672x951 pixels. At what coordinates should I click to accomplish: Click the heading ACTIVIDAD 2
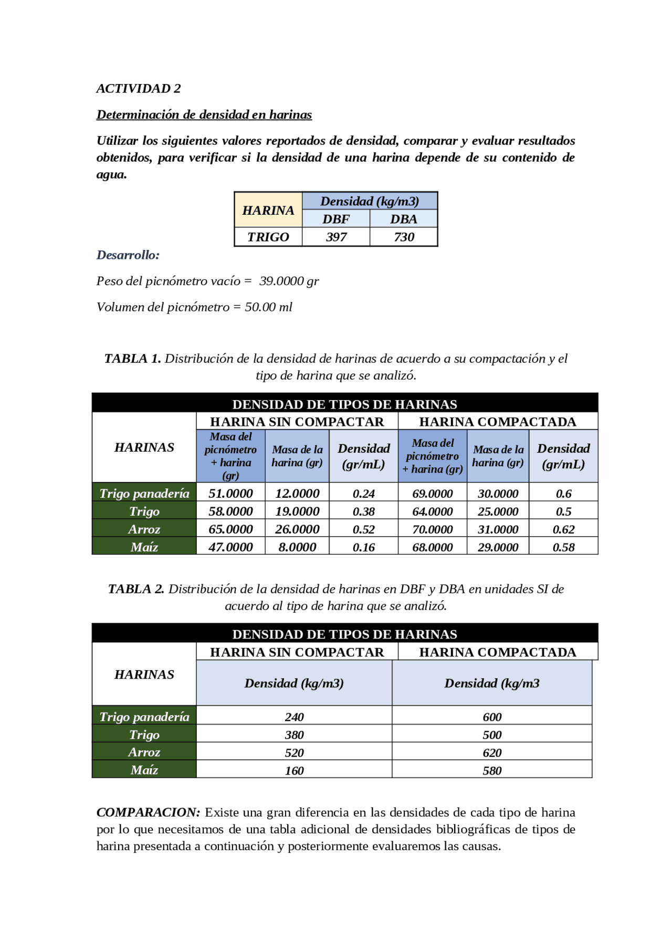(138, 88)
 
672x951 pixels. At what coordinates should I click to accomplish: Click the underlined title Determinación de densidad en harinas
(204, 114)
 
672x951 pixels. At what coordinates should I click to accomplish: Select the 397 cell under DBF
(336, 237)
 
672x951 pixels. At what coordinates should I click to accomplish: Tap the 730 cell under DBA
(404, 237)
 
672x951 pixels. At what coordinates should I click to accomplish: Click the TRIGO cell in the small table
(268, 237)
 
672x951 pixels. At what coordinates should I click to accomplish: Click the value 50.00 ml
(268, 307)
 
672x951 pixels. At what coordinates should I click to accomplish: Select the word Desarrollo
(128, 255)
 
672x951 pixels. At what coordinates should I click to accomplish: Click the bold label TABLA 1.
(132, 359)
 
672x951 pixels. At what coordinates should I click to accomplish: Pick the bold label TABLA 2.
(136, 589)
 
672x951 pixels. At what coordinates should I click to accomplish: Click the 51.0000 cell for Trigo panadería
(230, 494)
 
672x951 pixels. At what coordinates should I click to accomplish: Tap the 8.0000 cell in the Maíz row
(297, 547)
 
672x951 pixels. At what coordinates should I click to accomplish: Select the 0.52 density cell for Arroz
(363, 529)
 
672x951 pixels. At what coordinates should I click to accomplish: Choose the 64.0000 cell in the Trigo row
(432, 511)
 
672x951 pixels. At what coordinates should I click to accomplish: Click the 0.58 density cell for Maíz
(563, 547)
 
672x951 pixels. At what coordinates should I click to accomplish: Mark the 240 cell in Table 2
(294, 717)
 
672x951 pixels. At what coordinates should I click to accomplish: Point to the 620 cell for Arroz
(492, 753)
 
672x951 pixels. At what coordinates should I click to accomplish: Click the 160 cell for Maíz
(294, 771)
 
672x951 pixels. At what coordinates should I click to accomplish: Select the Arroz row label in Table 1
(144, 529)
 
